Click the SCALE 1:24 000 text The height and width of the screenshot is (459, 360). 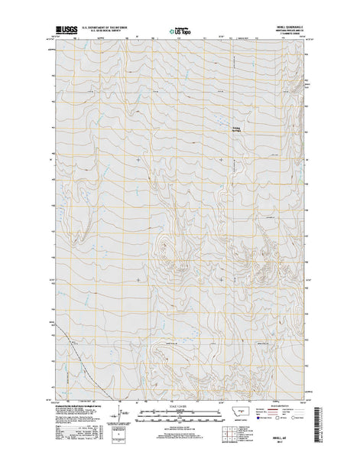tap(180, 405)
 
